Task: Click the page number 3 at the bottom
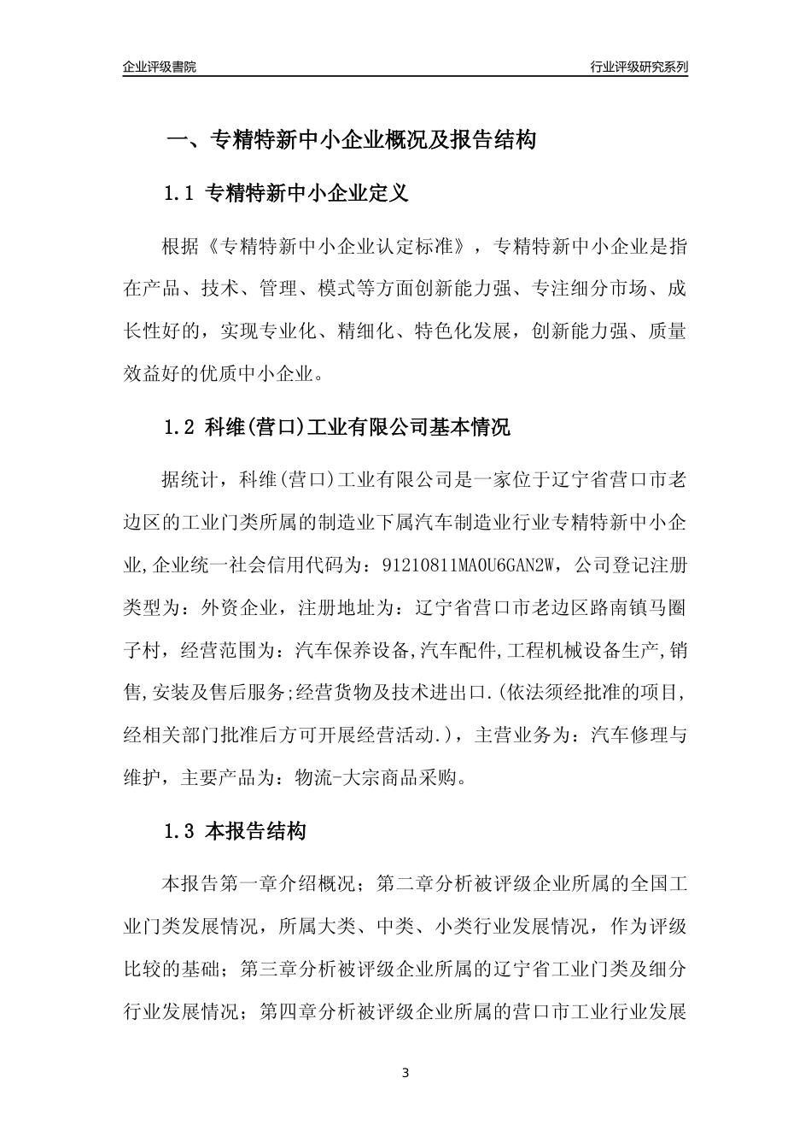coord(405,1074)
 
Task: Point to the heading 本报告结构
coord(256,830)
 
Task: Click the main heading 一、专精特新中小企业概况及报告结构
coord(351,140)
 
